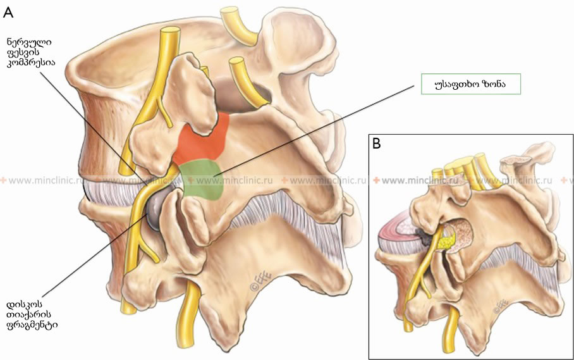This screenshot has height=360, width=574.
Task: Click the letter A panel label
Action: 8,13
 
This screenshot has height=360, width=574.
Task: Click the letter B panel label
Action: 376,144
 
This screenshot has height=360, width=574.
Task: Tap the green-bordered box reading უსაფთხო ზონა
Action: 471,84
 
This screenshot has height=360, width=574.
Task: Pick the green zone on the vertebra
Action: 202,180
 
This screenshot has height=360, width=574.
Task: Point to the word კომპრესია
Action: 31,62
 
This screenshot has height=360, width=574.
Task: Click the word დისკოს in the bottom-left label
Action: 25,304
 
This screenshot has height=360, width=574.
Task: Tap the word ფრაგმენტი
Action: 32,325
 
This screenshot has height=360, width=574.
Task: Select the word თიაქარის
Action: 29,314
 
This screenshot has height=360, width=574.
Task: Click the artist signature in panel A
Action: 258,282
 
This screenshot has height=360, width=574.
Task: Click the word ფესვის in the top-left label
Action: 23,53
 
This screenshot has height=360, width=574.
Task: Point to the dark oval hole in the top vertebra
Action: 242,94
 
